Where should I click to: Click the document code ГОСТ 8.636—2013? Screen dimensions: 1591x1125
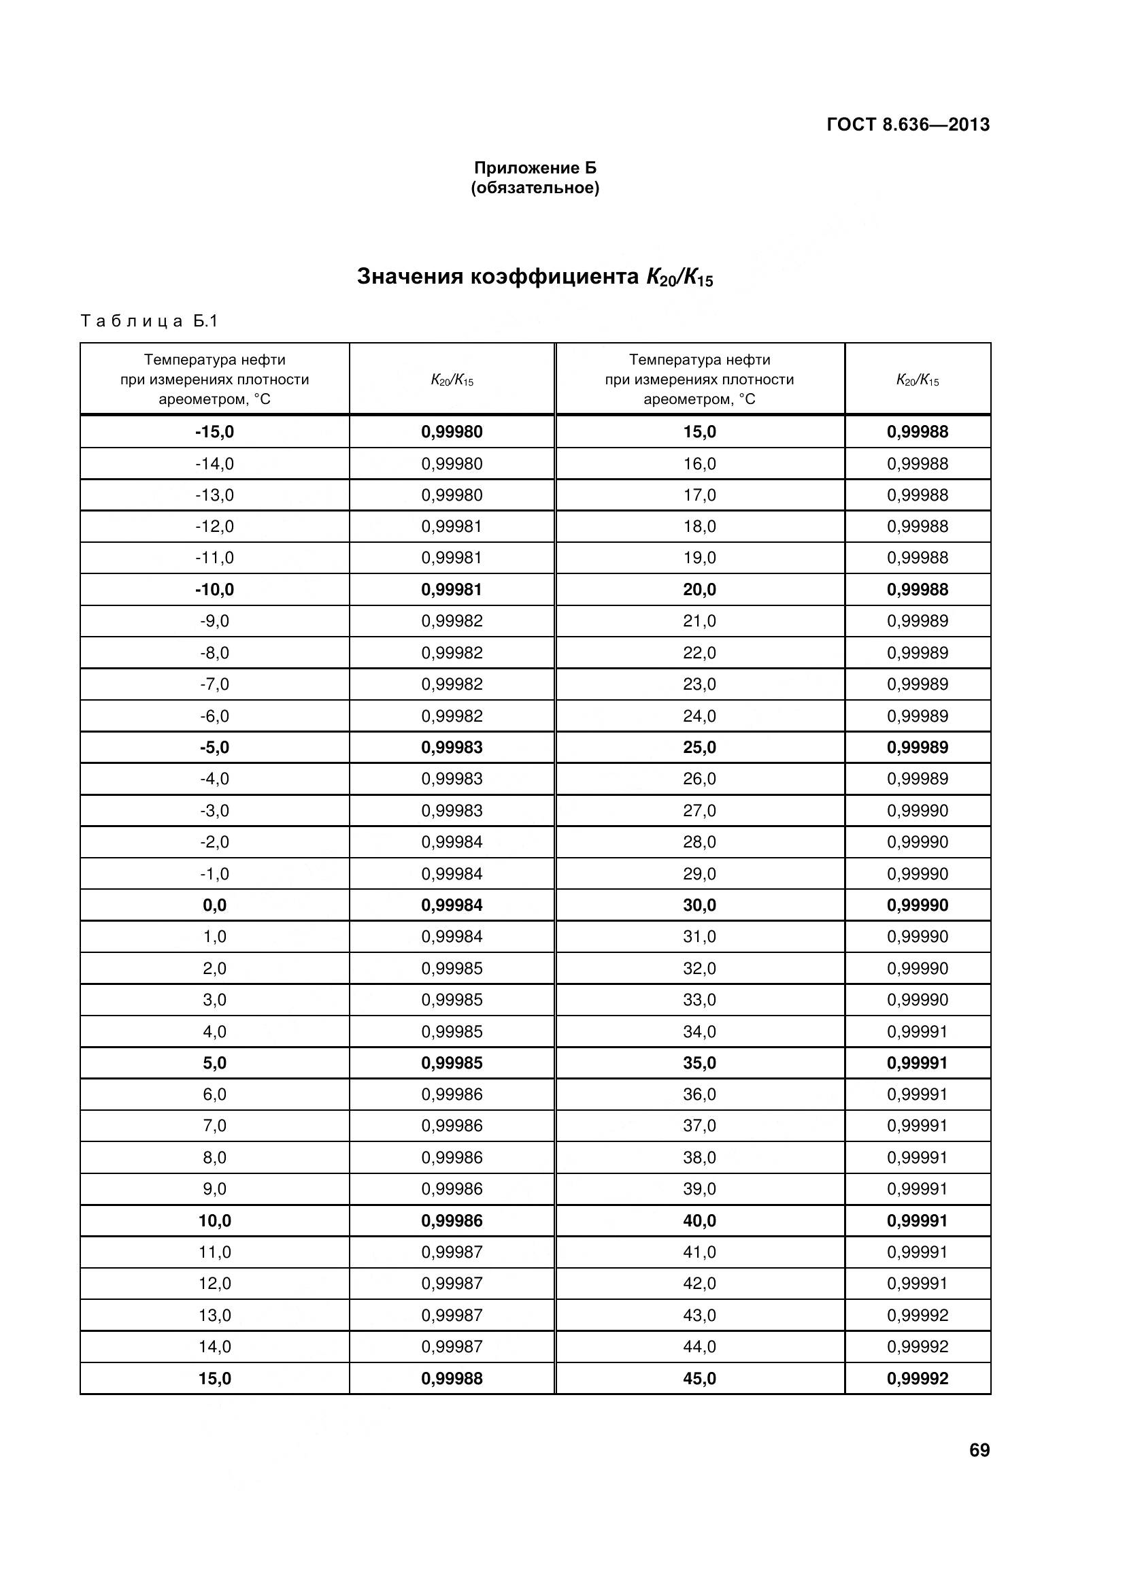tap(907, 124)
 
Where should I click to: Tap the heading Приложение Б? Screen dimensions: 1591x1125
tap(535, 168)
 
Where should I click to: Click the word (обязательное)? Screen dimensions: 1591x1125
tap(535, 188)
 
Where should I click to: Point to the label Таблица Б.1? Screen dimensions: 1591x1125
tap(150, 321)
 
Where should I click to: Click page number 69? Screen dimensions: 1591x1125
tap(979, 1450)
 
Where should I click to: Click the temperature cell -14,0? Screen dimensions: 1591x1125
tap(215, 464)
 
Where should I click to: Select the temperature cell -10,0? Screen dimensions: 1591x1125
tap(215, 590)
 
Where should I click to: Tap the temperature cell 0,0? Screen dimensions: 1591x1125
tap(215, 905)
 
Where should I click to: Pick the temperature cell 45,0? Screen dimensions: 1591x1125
tap(700, 1378)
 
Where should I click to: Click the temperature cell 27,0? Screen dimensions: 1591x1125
tap(700, 811)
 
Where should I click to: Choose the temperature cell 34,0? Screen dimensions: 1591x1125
tap(700, 1032)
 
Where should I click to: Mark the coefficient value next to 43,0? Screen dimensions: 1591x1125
tap(917, 1316)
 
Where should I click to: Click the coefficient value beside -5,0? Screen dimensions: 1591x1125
tap(452, 748)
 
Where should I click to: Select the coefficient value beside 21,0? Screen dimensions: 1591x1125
tap(917, 621)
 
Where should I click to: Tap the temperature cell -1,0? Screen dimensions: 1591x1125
tap(215, 874)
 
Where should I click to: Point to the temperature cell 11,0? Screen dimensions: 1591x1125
tap(215, 1252)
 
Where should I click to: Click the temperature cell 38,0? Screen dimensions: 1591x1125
tap(700, 1157)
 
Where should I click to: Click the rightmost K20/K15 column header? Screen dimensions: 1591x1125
tap(917, 380)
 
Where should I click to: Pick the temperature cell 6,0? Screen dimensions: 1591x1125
tap(215, 1094)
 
